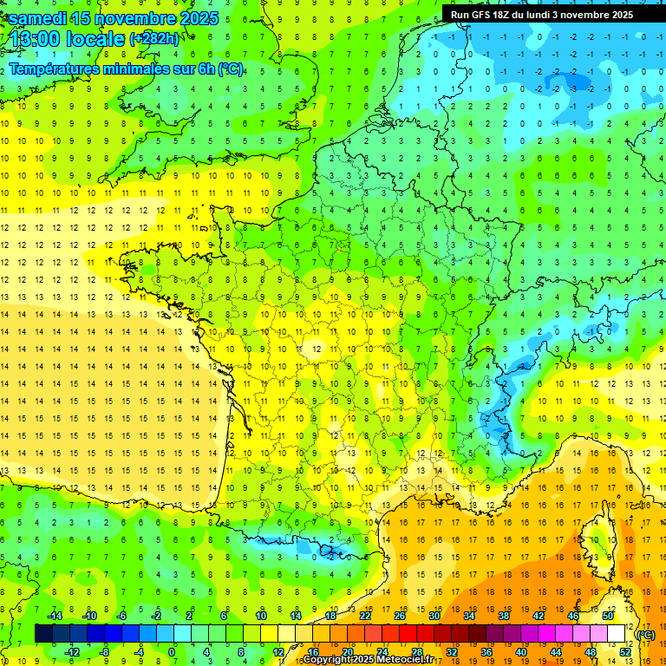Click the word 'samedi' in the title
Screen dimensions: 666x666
tap(41, 17)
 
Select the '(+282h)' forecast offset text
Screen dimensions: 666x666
tap(155, 39)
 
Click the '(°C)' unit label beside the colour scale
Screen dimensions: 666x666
tap(645, 635)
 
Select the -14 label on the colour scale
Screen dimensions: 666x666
tap(54, 616)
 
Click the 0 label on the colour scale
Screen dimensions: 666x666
tap(172, 652)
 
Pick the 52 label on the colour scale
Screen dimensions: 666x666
tap(624, 652)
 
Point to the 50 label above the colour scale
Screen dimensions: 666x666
tap(607, 616)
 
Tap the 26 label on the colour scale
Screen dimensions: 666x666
tap(399, 616)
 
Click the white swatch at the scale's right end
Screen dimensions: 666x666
tap(616, 634)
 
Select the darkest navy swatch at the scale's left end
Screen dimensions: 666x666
tap(43, 634)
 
